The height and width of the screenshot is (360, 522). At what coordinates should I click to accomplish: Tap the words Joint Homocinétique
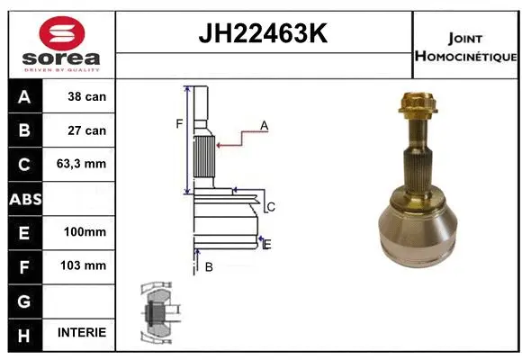(464, 48)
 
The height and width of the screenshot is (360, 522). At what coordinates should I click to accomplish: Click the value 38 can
(88, 96)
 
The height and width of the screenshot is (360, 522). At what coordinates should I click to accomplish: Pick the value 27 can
(88, 130)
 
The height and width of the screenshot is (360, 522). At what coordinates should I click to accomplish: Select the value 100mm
(86, 232)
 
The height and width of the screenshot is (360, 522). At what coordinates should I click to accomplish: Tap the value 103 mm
(86, 265)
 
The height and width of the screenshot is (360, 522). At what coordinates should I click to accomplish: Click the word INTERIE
(82, 333)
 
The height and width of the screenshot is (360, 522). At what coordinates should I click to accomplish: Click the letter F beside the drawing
(179, 123)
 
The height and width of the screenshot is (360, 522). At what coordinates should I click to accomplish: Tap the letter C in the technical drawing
(271, 207)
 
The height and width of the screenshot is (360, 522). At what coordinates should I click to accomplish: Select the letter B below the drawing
(209, 266)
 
